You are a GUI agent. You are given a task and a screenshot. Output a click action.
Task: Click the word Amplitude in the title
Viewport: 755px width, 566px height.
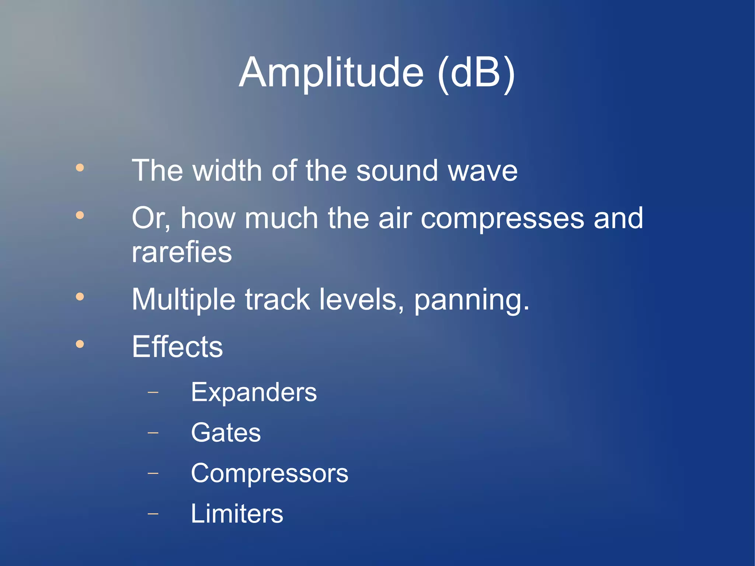tap(331, 73)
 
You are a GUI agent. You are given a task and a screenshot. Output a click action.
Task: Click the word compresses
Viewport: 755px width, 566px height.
tap(502, 219)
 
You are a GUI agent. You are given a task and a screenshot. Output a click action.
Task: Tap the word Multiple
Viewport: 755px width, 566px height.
tap(183, 299)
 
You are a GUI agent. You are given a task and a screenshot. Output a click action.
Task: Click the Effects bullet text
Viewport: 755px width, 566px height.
tap(177, 347)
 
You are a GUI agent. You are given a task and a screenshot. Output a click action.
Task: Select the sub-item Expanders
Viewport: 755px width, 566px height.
tap(254, 392)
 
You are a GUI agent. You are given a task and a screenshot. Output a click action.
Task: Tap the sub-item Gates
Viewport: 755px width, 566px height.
tap(226, 433)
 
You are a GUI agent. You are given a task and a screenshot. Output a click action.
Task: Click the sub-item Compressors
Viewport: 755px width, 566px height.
tap(269, 473)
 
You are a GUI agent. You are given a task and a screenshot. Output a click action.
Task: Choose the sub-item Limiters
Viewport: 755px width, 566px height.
tap(237, 514)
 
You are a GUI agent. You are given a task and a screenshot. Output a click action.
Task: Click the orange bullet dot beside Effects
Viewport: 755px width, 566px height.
tap(80, 344)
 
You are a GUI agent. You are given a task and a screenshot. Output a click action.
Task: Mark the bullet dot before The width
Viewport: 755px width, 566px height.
tap(80, 168)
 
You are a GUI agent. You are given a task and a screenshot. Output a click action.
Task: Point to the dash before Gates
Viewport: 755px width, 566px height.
tap(153, 433)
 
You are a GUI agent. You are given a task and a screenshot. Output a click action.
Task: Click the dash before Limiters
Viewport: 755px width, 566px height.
tap(153, 513)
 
